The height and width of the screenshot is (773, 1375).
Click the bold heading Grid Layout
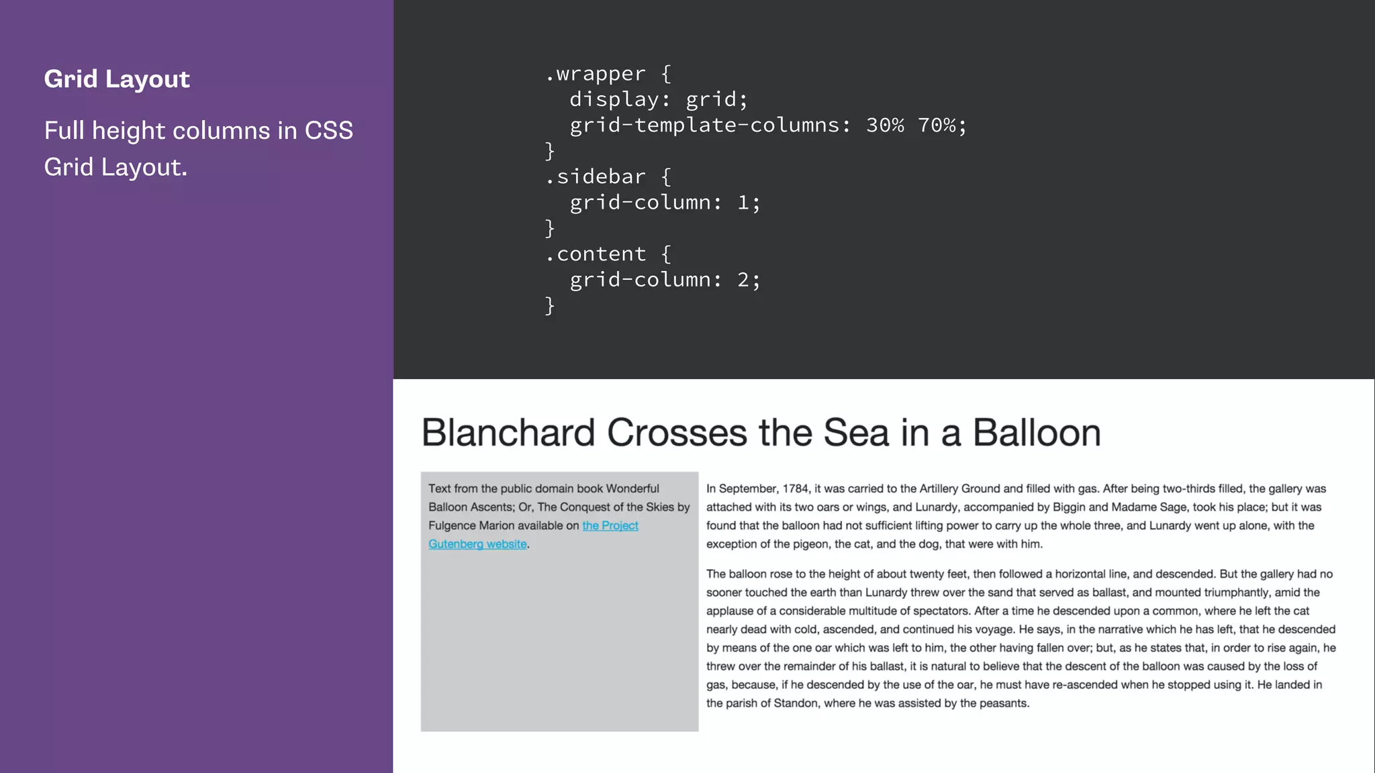click(117, 79)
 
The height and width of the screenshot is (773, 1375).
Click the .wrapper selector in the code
click(596, 74)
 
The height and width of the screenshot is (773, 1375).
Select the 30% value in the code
click(885, 125)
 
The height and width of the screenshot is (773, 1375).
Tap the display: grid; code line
click(658, 100)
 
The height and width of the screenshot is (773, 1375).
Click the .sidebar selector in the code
click(596, 177)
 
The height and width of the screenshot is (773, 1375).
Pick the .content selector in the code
click(596, 254)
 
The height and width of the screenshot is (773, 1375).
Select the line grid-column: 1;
click(665, 203)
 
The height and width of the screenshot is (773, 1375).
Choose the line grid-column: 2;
click(665, 280)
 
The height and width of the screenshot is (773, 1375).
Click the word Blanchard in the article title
click(508, 433)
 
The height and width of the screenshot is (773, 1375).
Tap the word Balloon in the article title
click(1037, 433)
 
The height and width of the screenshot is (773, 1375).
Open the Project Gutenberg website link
click(610, 526)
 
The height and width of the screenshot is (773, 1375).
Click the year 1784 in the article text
click(795, 489)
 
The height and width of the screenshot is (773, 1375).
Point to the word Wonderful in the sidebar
click(632, 489)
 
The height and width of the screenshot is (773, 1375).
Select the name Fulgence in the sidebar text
click(452, 526)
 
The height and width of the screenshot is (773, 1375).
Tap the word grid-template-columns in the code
click(704, 125)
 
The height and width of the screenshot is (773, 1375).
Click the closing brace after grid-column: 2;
click(550, 306)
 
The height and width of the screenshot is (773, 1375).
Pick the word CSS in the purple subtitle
click(328, 131)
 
